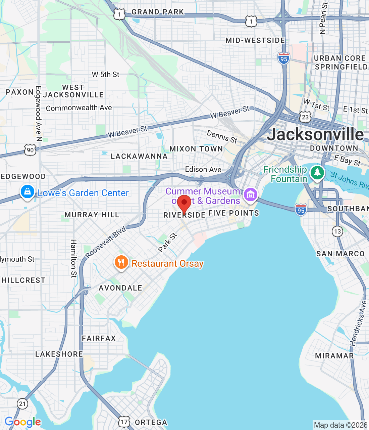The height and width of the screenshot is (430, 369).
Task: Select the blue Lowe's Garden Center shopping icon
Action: [27, 192]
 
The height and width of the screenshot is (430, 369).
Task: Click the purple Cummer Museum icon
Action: [250, 195]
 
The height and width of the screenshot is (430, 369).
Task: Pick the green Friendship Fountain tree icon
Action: [317, 173]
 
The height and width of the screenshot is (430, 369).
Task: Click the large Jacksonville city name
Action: [315, 134]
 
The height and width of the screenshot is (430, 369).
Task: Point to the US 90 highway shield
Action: [30, 150]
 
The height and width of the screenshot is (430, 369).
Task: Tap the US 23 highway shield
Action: [305, 117]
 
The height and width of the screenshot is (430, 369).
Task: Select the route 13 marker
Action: [337, 231]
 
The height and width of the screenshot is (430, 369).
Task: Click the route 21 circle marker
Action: [22, 403]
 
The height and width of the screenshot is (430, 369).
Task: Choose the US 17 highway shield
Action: [124, 422]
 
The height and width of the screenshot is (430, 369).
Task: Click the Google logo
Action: [23, 422]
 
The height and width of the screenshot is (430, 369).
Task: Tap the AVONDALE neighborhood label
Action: [120, 288]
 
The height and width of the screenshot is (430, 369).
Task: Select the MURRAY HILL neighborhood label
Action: [92, 215]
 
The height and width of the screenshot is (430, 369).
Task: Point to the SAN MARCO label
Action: [340, 254]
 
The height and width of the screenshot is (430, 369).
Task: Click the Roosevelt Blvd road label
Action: [105, 242]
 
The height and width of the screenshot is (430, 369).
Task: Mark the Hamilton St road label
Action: [74, 258]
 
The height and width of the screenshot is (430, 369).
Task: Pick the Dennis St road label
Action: [222, 137]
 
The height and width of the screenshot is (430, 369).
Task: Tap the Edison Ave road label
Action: [203, 169]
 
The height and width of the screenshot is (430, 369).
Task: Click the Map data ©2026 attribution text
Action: [340, 425]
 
